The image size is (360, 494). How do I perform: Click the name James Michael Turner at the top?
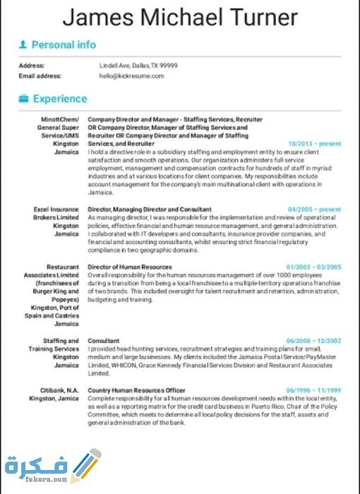coord(179,17)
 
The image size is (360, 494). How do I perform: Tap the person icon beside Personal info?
coord(23,45)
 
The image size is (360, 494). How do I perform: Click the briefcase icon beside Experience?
coord(23,99)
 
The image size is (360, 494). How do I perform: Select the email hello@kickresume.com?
coord(131,76)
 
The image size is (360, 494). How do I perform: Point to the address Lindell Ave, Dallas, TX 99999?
coord(138,65)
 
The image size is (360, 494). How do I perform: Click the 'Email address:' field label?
coord(40,76)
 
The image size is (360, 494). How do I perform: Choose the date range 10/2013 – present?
coord(315,143)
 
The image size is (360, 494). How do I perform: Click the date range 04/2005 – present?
coord(315,210)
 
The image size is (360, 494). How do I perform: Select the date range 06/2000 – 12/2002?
coord(313,340)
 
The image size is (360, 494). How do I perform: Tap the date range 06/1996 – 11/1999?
coord(313,390)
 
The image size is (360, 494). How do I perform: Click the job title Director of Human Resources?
coord(130,267)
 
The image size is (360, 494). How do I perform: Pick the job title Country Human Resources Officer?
coord(136,390)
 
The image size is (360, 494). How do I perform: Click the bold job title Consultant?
coord(104,340)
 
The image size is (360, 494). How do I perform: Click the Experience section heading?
coord(60,99)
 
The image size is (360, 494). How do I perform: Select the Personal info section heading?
coord(64,45)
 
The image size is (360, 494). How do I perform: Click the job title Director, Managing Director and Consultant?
coord(150,210)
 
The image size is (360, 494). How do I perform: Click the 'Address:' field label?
coord(32,65)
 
